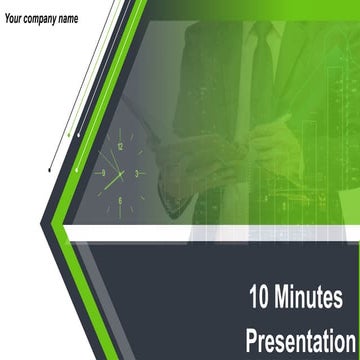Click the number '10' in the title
click(x=260, y=297)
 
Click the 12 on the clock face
click(x=120, y=147)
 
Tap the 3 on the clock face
click(x=138, y=173)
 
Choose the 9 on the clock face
click(x=102, y=173)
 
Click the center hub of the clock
click(x=121, y=173)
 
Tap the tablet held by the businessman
click(x=185, y=150)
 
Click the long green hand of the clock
click(x=108, y=182)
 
